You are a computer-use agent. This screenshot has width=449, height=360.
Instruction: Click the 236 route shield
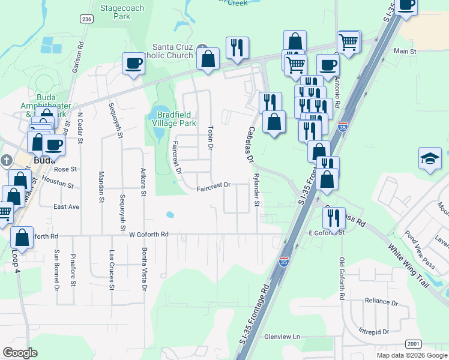click(x=86, y=19)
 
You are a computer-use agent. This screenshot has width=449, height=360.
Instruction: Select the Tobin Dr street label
click(x=210, y=138)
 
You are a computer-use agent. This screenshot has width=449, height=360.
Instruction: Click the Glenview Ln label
click(x=283, y=337)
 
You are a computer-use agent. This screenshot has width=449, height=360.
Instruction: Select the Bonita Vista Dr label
click(x=144, y=271)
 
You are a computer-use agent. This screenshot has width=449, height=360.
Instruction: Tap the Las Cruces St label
click(x=112, y=271)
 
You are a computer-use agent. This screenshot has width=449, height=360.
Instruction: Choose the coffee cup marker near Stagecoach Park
click(x=133, y=62)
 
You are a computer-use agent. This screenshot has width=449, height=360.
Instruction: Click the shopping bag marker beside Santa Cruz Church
click(x=208, y=59)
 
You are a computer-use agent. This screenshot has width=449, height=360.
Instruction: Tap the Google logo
click(x=20, y=352)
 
